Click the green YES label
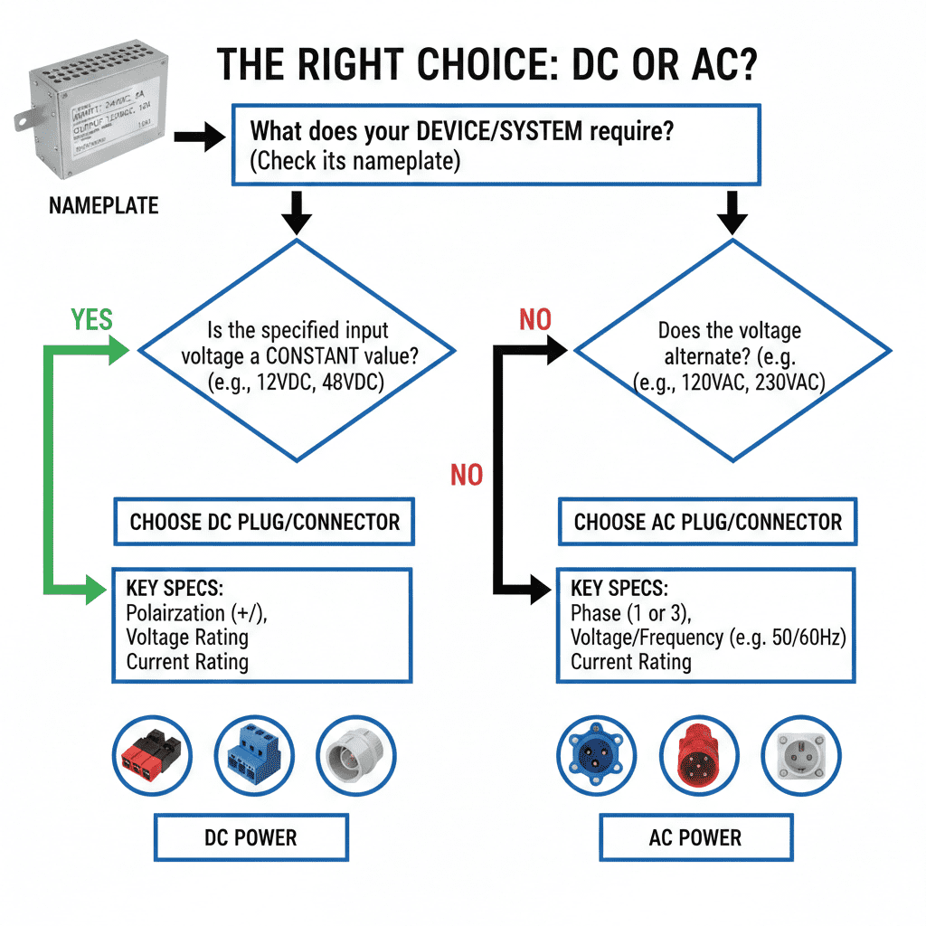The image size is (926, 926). pyautogui.click(x=91, y=320)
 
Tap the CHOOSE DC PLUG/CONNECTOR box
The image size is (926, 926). pyautogui.click(x=264, y=522)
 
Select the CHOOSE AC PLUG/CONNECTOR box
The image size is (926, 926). pyautogui.click(x=707, y=522)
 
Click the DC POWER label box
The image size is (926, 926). pyautogui.click(x=250, y=837)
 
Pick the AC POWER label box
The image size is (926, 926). pyautogui.click(x=694, y=837)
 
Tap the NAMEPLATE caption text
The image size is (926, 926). pyautogui.click(x=103, y=206)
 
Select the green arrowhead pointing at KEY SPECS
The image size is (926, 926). pyautogui.click(x=98, y=592)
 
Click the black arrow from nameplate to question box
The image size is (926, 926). pyautogui.click(x=198, y=138)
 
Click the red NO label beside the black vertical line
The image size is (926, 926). pyautogui.click(x=467, y=474)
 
